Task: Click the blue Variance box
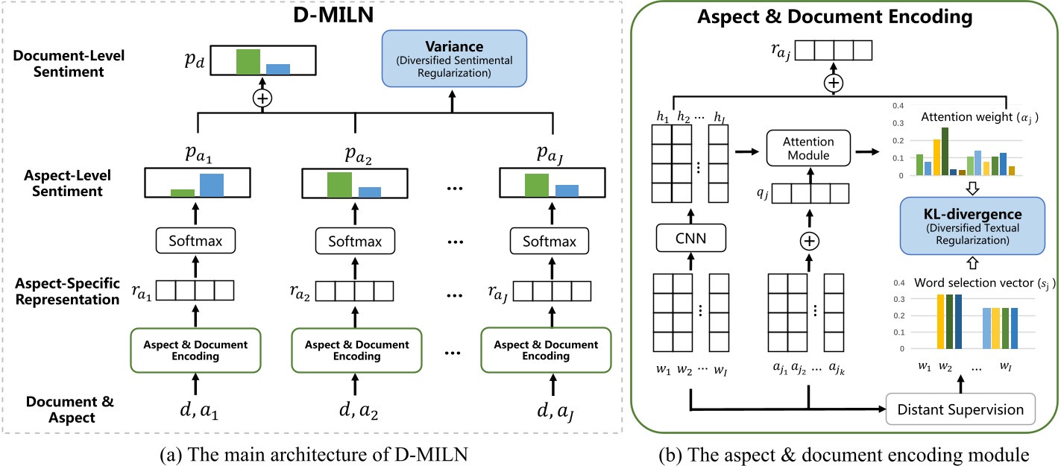point(455,58)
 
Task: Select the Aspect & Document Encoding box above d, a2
point(356,350)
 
